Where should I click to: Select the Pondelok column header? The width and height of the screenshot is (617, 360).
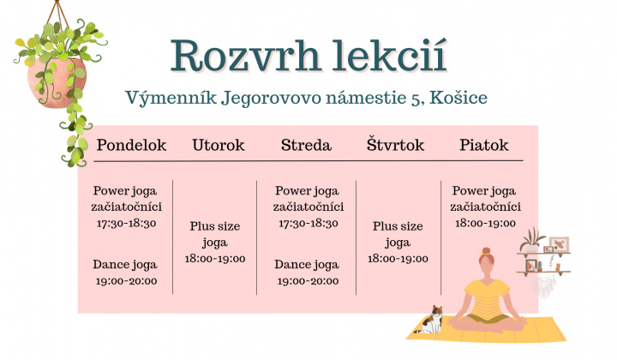tap(131, 145)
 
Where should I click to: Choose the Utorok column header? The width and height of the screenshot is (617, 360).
tap(218, 145)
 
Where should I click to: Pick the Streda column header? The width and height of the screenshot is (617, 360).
tap(306, 145)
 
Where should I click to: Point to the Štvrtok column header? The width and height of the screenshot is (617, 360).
tap(395, 145)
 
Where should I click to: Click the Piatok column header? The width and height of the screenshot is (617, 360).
tap(484, 145)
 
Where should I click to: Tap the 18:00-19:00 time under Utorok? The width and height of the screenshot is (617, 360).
tap(216, 258)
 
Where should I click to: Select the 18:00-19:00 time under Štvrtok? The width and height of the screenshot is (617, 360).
tap(398, 258)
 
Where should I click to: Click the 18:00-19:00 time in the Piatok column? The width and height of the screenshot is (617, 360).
tap(484, 222)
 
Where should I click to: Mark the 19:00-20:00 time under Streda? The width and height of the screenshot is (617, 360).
tap(308, 280)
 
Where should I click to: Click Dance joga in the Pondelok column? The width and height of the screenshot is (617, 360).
tap(126, 264)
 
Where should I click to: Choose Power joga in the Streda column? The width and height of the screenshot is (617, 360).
tap(308, 191)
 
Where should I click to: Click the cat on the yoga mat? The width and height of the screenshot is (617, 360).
tap(434, 320)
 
